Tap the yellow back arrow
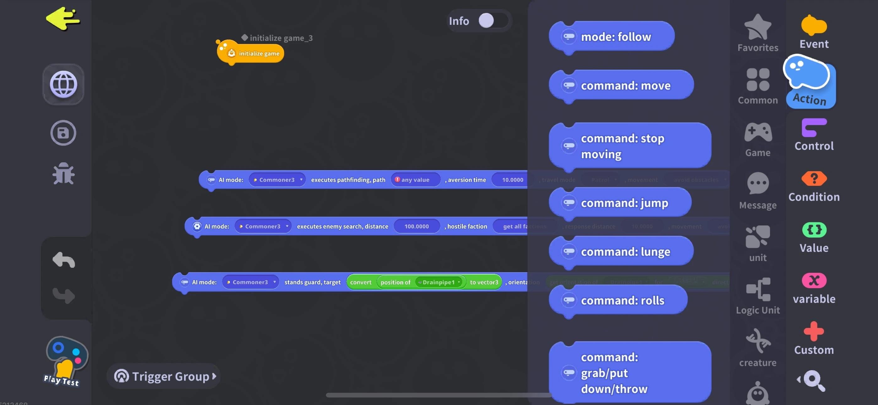63,19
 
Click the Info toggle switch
492,21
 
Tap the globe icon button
63,84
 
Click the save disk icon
63,133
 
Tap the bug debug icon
63,174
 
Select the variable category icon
814,289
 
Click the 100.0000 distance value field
416,226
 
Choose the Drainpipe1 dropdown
440,282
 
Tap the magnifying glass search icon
814,380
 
